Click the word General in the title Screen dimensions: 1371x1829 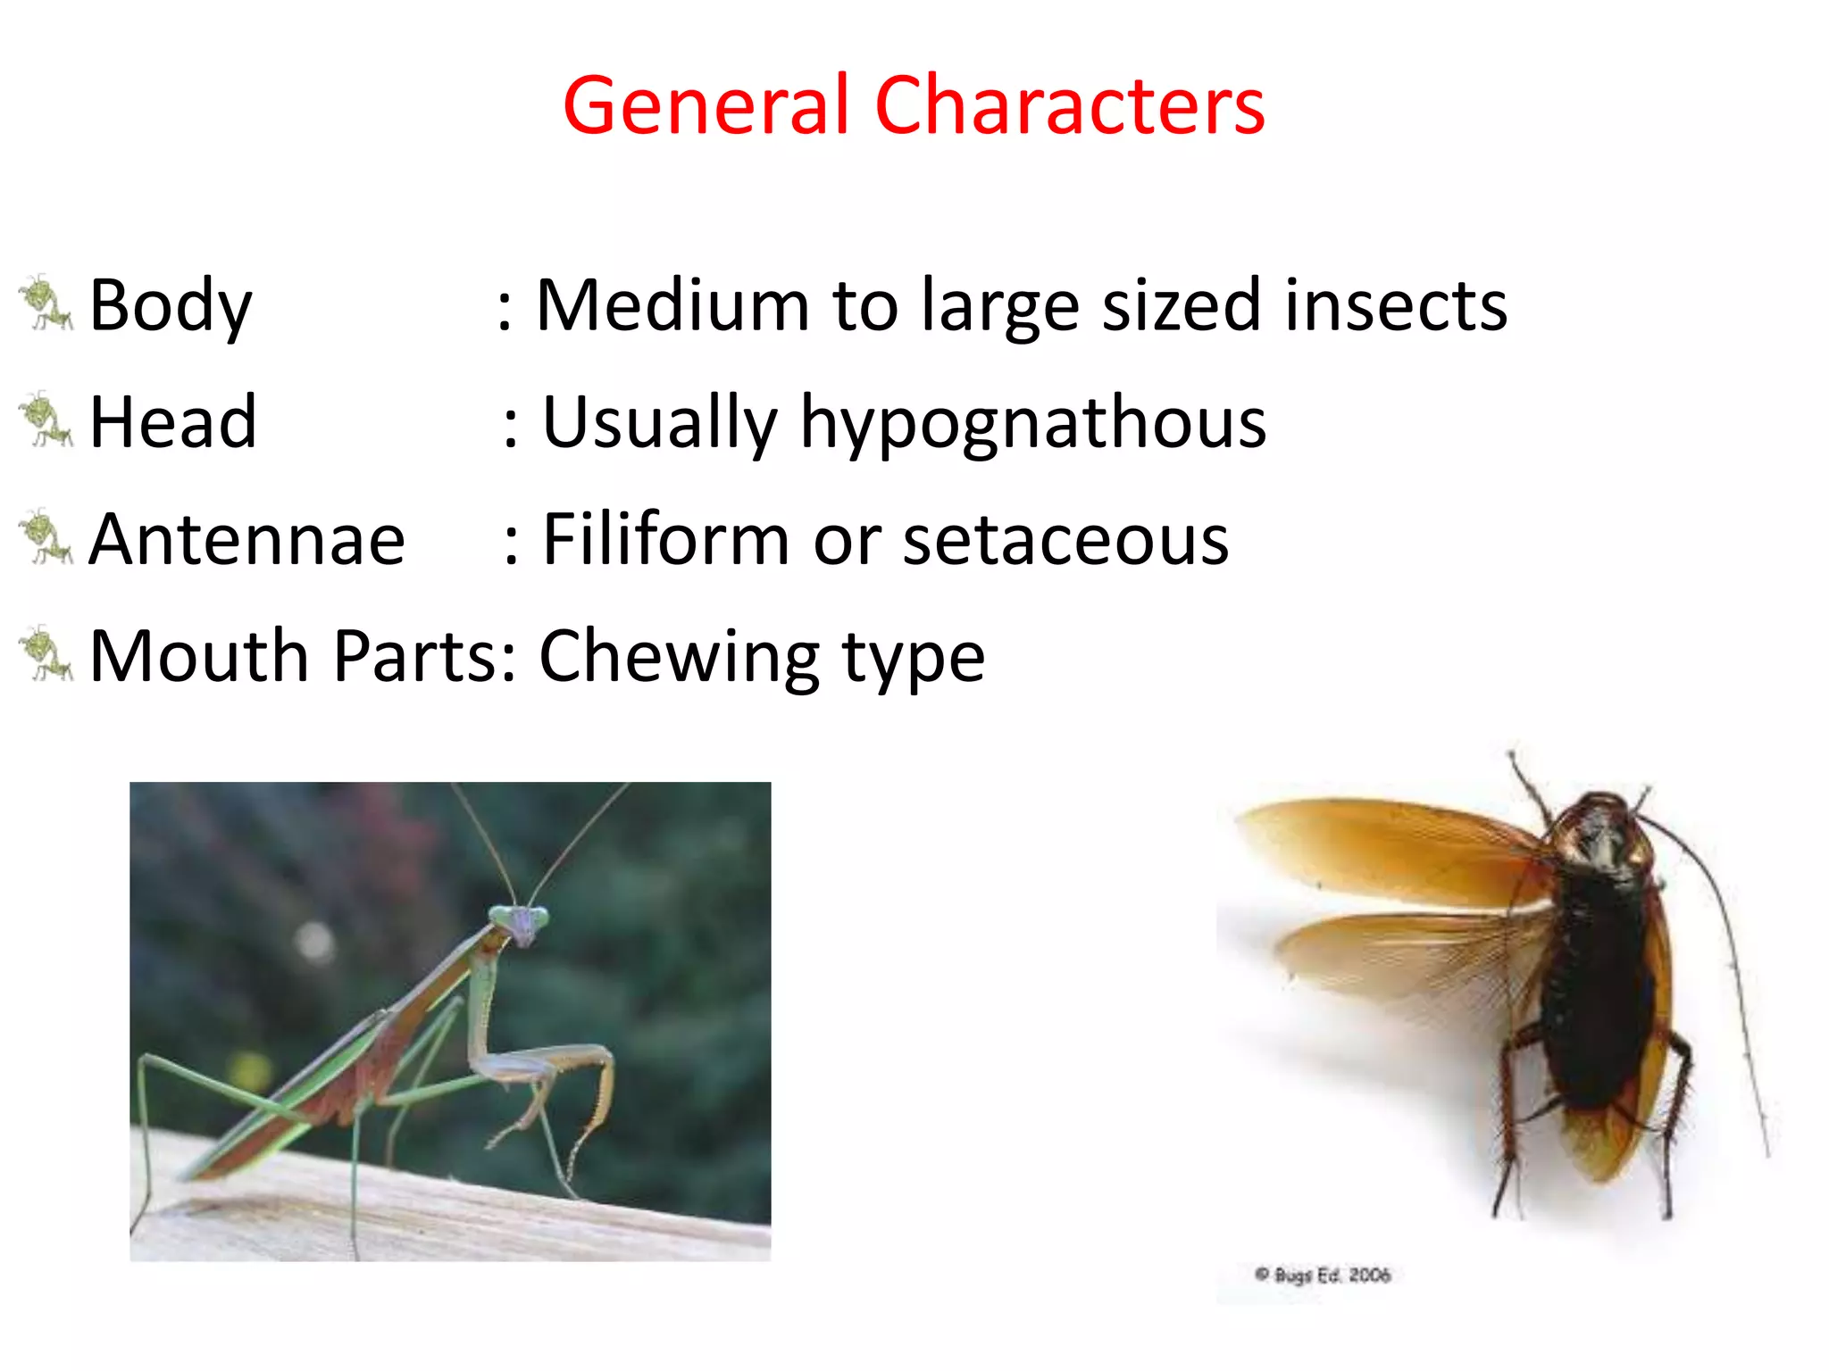tap(706, 107)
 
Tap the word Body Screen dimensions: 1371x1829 tap(171, 305)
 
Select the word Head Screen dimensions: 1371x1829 tap(173, 421)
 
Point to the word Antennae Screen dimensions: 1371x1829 tap(247, 539)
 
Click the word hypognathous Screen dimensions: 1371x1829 tap(1032, 423)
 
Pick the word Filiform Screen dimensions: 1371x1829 tap(665, 539)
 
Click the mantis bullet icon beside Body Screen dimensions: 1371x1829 tap(45, 303)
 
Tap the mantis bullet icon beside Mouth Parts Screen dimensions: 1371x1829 tap(45, 654)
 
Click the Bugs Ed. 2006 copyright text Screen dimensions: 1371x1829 tap(1324, 1275)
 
